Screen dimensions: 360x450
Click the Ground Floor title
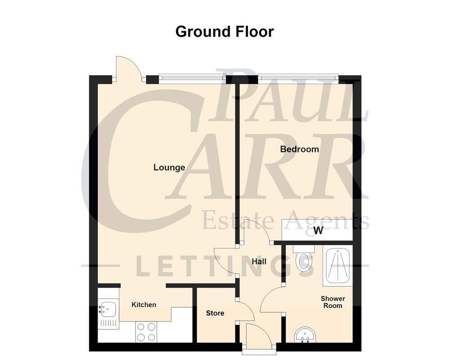click(225, 32)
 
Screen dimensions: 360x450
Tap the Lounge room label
click(169, 167)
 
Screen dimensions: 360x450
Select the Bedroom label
click(299, 149)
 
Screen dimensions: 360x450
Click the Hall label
click(259, 261)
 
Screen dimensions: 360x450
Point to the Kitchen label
click(144, 305)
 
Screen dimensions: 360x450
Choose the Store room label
click(215, 313)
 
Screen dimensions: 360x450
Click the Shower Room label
click(333, 302)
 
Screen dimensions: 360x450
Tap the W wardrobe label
click(318, 232)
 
